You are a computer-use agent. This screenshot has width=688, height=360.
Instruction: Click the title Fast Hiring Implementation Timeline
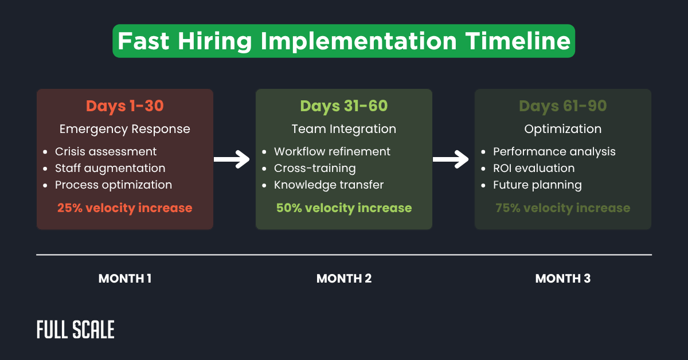[343, 41]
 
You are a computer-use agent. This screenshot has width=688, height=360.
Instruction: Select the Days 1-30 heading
[124, 106]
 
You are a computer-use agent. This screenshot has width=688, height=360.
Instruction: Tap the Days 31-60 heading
[343, 106]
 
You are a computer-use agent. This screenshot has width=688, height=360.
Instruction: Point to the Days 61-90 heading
[562, 106]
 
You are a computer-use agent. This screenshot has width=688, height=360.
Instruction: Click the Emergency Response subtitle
[124, 129]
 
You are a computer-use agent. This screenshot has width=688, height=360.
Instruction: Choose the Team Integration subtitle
[343, 129]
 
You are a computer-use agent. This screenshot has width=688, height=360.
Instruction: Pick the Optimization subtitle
[562, 129]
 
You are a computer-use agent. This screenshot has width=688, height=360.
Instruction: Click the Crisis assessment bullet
[105, 152]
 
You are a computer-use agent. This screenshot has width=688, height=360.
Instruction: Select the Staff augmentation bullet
[110, 169]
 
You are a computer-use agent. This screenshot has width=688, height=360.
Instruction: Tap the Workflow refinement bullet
[332, 152]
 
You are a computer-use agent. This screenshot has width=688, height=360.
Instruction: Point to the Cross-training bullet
[315, 169]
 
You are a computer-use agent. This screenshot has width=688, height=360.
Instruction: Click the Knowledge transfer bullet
[329, 185]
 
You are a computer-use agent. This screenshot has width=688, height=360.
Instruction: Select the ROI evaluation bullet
[533, 169]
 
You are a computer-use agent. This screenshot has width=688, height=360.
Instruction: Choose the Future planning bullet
[537, 185]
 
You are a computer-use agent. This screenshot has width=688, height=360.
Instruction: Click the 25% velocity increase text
[124, 208]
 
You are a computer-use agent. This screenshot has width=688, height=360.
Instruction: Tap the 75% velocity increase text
[562, 208]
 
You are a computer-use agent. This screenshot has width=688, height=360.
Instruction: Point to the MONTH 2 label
[343, 279]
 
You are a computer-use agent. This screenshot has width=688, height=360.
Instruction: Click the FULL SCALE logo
[76, 330]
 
